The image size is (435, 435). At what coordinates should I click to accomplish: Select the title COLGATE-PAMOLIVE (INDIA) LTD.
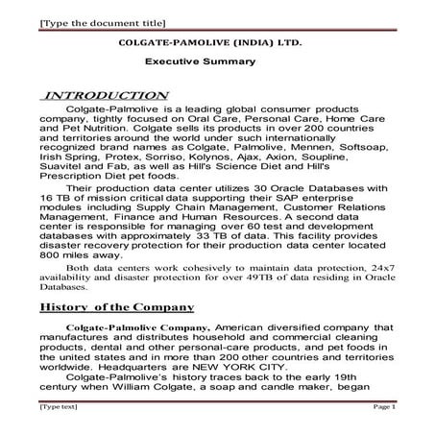coord(208,44)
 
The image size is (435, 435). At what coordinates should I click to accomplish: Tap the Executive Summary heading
coord(200,61)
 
